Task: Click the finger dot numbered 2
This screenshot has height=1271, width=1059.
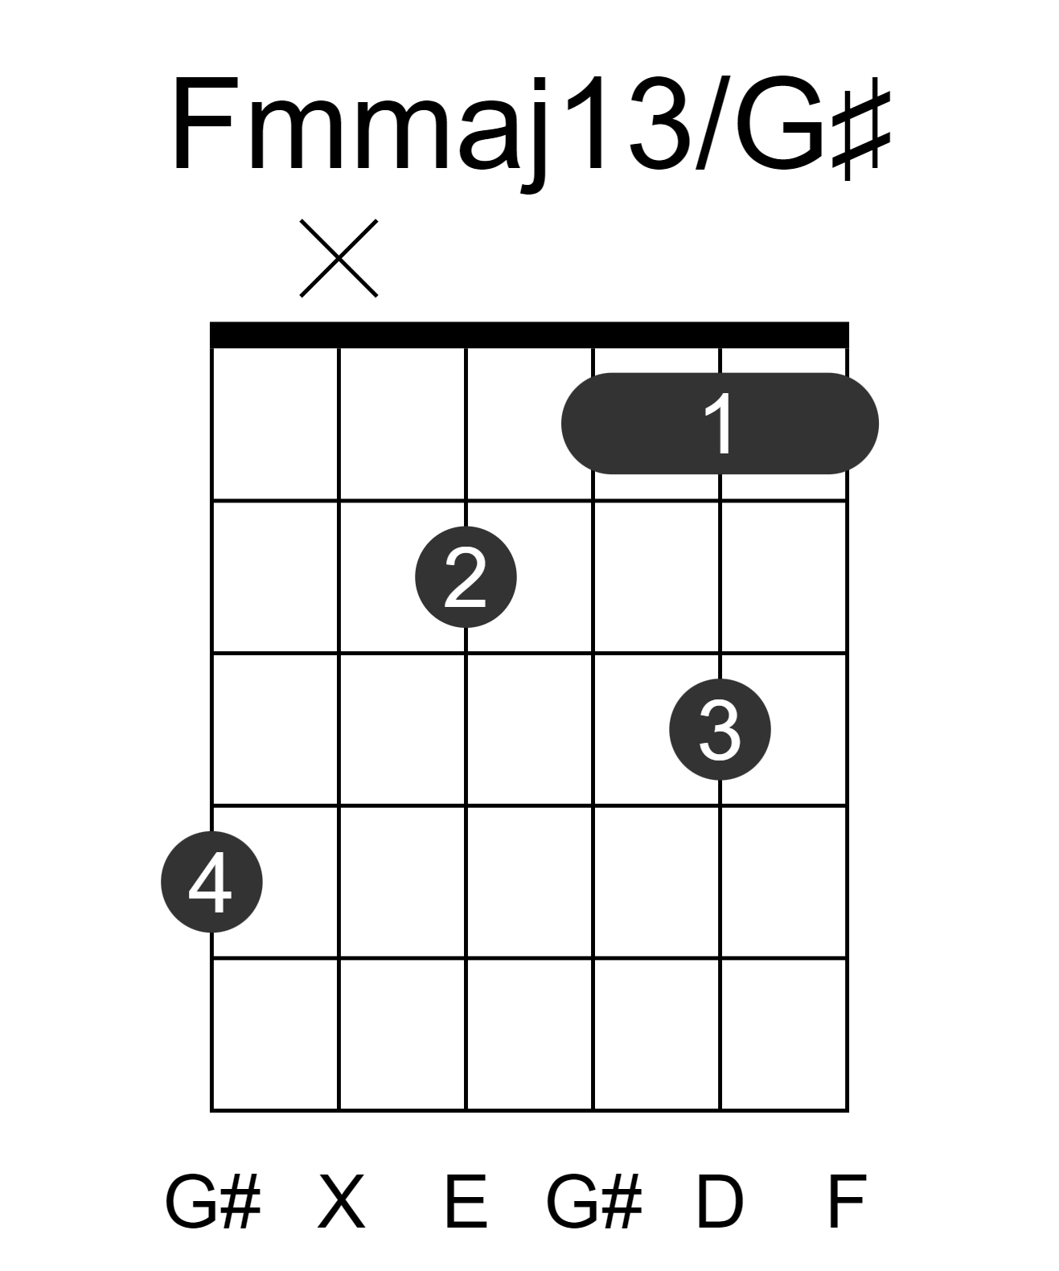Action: click(x=466, y=576)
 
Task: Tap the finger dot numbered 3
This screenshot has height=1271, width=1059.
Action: click(x=720, y=728)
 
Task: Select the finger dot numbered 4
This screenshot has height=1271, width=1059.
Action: click(x=211, y=881)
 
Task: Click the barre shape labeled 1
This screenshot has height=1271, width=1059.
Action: click(x=720, y=424)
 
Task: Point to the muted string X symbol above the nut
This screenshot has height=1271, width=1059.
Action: click(x=339, y=258)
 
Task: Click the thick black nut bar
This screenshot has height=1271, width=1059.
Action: click(x=529, y=334)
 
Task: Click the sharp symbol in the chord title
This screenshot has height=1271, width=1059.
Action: click(x=862, y=128)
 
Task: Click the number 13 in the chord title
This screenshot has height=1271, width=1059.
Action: click(x=627, y=121)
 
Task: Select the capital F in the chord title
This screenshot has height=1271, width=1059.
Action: click(x=204, y=123)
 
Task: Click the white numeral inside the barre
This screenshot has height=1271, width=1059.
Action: click(x=720, y=424)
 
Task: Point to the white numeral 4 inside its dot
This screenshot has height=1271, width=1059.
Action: click(x=210, y=882)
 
